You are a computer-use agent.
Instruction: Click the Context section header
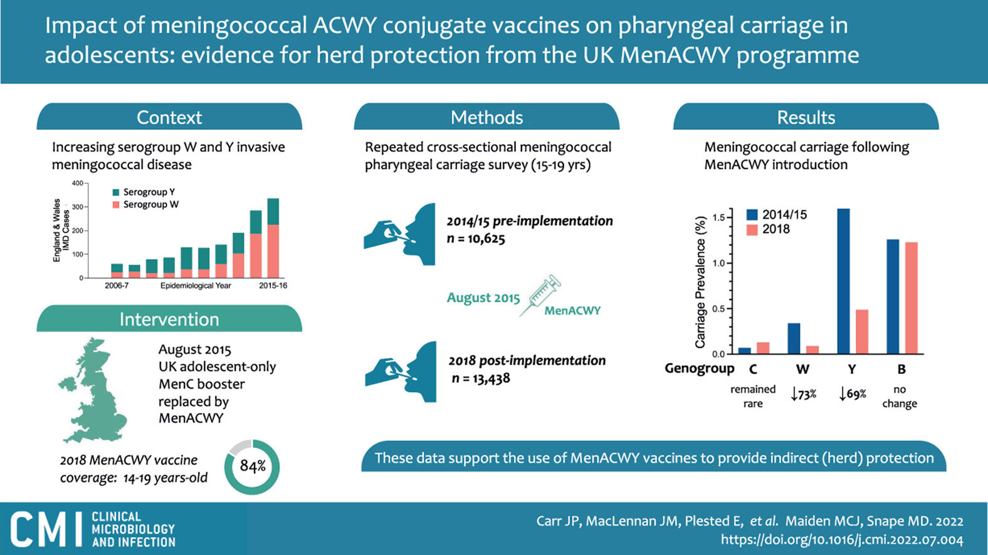click(169, 117)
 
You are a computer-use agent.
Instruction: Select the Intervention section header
click(169, 319)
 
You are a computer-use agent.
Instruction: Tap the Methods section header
click(486, 117)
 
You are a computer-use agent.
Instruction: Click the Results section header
click(806, 117)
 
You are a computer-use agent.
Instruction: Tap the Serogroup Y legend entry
click(144, 192)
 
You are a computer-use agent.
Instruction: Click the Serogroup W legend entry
click(145, 205)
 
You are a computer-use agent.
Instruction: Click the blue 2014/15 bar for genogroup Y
click(843, 281)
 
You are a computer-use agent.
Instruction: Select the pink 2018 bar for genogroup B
click(912, 298)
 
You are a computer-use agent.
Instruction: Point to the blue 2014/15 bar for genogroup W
click(794, 338)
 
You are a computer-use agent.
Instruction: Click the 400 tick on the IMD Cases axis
click(78, 183)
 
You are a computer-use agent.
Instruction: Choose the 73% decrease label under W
click(803, 393)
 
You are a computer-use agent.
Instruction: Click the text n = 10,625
click(476, 239)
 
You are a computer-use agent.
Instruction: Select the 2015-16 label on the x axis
click(273, 286)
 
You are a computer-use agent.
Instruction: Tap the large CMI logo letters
click(46, 529)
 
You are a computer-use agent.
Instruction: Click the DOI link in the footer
click(842, 539)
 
